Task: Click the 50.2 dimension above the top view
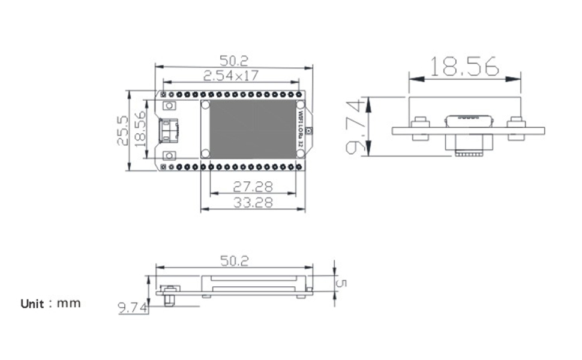[x=233, y=60]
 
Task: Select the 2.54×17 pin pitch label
[x=230, y=76]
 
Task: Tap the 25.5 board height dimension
[x=122, y=130]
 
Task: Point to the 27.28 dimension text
[x=253, y=187]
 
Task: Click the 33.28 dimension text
[x=253, y=203]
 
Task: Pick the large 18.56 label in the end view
[x=464, y=67]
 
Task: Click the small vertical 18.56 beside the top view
[x=140, y=129]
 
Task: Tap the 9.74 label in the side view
[x=133, y=308]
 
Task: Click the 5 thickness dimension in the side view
[x=341, y=283]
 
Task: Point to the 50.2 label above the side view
[x=234, y=261]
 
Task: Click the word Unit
[x=32, y=304]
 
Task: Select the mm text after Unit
[x=68, y=304]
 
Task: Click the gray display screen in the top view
[x=253, y=130]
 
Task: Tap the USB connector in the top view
[x=169, y=131]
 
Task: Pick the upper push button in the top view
[x=169, y=106]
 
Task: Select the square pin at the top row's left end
[x=163, y=94]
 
